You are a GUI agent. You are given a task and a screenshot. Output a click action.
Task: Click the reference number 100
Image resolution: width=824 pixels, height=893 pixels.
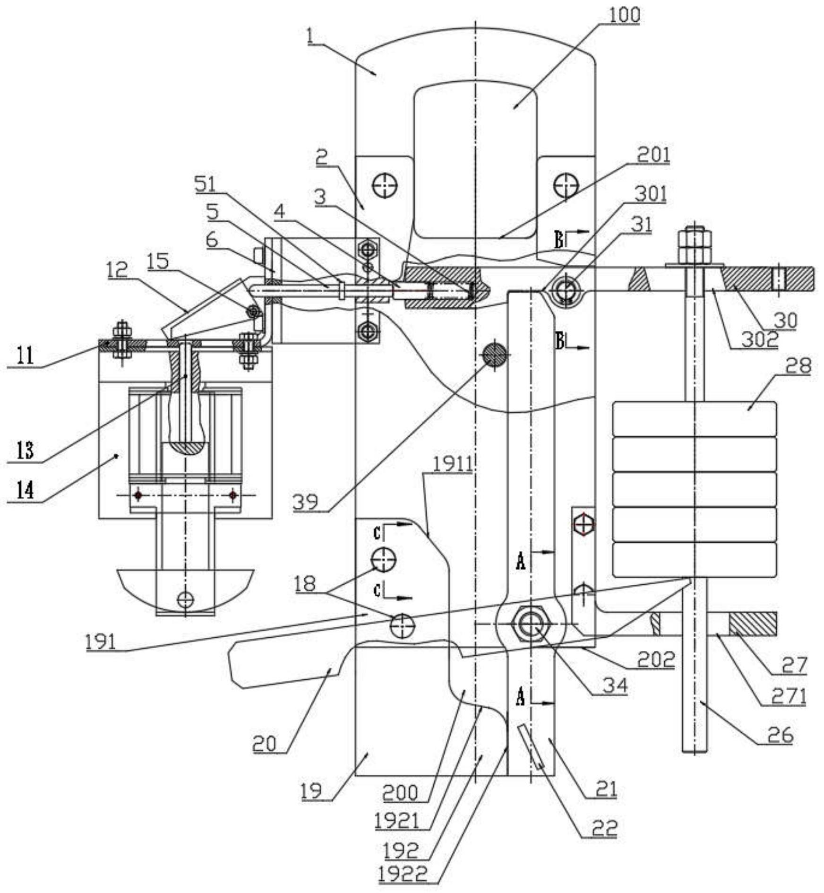click(x=624, y=15)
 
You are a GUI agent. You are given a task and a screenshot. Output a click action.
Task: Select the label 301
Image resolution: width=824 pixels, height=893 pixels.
click(x=650, y=194)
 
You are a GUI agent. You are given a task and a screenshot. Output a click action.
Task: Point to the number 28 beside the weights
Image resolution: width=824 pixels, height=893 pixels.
click(x=798, y=365)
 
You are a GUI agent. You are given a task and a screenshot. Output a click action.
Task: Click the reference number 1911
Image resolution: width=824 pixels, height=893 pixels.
click(x=453, y=464)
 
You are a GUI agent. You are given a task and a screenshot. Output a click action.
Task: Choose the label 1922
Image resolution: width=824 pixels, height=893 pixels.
click(x=403, y=875)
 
